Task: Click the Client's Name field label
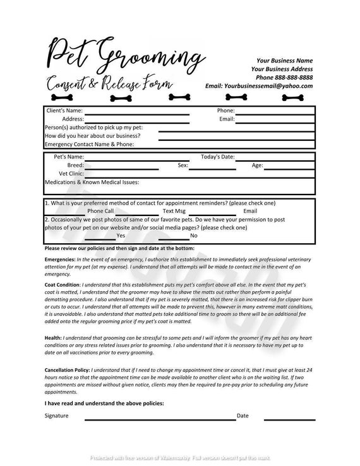pos(65,110)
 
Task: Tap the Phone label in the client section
pos(226,110)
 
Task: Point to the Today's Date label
pos(218,156)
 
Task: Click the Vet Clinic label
pos(71,173)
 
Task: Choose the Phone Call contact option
pos(100,211)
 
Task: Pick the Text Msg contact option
pos(174,211)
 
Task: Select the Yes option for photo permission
pos(121,235)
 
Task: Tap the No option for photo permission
pos(194,235)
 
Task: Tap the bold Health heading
pos(53,338)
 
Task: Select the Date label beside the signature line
pos(243,415)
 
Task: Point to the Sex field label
pos(183,165)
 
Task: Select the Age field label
pos(258,165)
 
